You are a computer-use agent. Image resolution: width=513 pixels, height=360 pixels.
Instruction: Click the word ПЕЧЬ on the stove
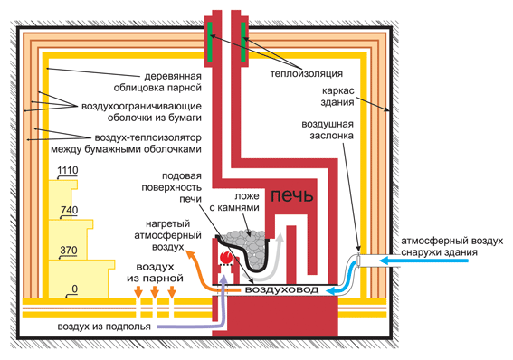(x=292, y=195)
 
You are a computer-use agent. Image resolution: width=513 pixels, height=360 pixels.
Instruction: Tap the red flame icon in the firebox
(x=225, y=257)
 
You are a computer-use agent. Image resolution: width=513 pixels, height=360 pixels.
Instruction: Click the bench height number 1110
(x=68, y=170)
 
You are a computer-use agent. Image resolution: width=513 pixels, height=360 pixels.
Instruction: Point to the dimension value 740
(x=70, y=210)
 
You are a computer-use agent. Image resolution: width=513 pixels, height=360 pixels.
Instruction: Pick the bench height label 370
(x=69, y=251)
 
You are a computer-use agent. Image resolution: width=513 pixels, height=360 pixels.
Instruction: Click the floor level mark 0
(x=74, y=289)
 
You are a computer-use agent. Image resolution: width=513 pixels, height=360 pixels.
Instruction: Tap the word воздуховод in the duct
(x=281, y=289)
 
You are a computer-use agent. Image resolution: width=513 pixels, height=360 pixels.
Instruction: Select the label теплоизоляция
(x=306, y=73)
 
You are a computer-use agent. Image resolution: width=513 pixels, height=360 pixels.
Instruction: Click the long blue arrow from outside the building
(x=423, y=261)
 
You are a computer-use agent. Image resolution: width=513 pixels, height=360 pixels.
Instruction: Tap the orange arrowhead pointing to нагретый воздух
(x=190, y=254)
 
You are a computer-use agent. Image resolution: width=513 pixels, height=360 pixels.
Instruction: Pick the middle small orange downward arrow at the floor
(x=155, y=292)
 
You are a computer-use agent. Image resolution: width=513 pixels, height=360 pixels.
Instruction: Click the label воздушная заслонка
(x=328, y=130)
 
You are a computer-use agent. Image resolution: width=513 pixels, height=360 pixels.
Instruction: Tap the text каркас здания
(x=337, y=96)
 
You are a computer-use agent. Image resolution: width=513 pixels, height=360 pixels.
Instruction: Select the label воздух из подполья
(x=104, y=327)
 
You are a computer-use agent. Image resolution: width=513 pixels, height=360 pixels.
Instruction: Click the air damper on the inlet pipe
(x=358, y=261)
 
